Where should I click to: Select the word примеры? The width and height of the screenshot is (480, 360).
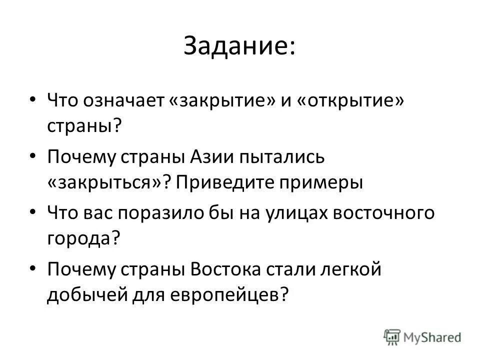(329, 182)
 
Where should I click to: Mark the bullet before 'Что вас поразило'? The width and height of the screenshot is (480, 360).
(32, 213)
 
